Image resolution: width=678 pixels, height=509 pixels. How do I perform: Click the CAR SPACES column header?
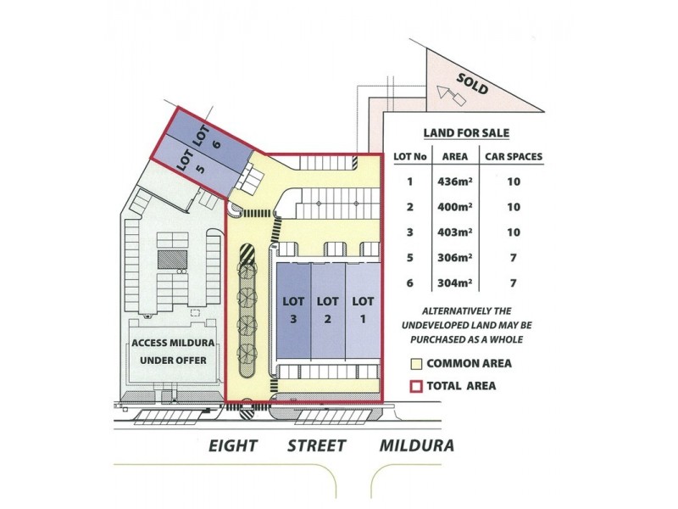(513, 157)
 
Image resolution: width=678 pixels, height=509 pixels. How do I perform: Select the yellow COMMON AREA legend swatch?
(415, 364)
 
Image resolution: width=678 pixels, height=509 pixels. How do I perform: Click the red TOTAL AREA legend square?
(415, 386)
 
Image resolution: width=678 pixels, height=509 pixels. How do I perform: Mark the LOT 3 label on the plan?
(292, 309)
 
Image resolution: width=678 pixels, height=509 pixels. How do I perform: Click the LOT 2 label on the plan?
(327, 309)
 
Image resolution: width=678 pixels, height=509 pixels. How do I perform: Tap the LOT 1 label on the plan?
(363, 309)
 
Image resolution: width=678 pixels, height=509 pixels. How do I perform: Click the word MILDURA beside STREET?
(416, 445)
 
